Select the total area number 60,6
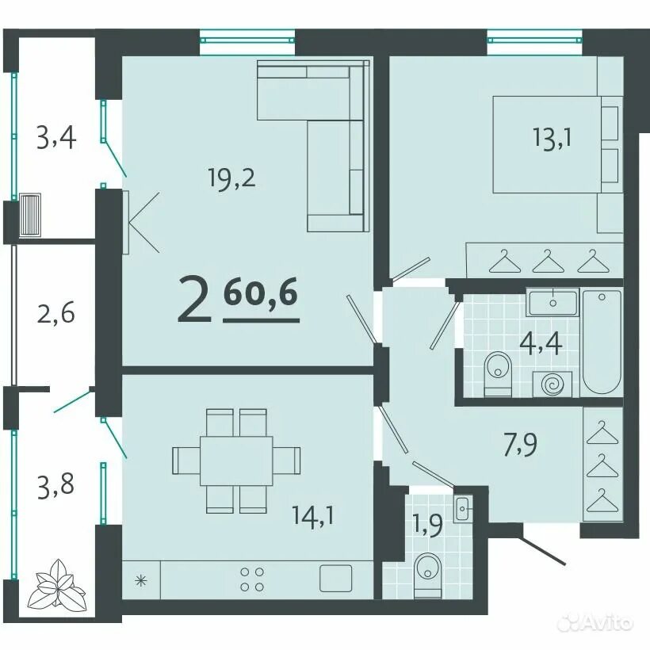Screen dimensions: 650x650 tap(261, 293)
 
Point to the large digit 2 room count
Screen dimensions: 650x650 tap(194, 300)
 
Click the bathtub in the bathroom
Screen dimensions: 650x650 tap(602, 342)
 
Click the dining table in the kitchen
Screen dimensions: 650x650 tap(236, 460)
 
